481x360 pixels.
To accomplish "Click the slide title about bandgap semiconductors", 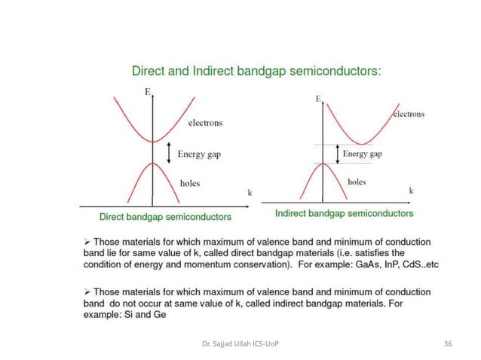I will pos(256,72).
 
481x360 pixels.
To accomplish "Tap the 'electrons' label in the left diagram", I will pos(205,123).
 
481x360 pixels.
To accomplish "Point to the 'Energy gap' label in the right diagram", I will pos(362,154).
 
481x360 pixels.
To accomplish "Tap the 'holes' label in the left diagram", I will pos(190,183).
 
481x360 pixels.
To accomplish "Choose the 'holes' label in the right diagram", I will pos(357,182).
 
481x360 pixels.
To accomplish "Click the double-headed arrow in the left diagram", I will pos(170,153).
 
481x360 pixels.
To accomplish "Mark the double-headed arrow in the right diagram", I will pos(335,154).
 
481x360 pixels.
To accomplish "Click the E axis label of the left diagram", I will pos(148,92).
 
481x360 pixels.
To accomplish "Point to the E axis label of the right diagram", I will pos(319,99).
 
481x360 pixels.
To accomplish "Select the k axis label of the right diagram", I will pos(411,191).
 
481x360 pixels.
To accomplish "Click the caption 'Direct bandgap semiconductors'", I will pos(166,217).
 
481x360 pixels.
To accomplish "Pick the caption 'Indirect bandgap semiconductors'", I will pos(344,213).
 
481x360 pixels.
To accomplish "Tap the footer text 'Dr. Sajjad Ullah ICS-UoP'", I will pos(237,343).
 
